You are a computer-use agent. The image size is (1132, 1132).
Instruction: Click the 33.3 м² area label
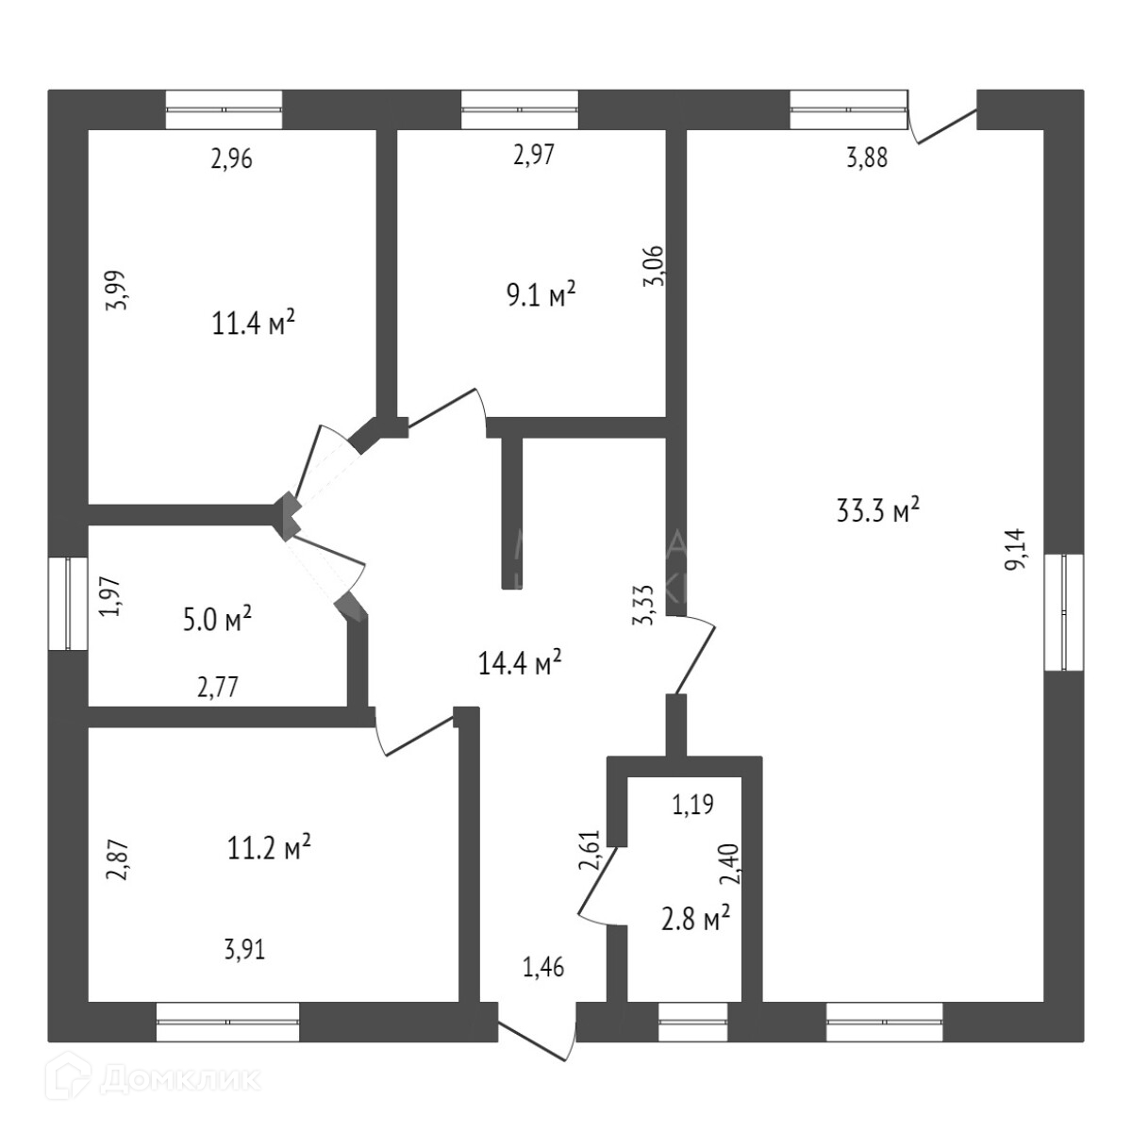click(x=877, y=511)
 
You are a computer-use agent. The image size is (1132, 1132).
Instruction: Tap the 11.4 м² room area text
click(x=254, y=325)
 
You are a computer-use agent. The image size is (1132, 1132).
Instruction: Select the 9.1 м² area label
click(x=541, y=296)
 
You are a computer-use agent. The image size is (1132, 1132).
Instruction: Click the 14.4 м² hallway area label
click(x=521, y=663)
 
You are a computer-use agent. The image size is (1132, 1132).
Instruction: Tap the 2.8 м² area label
click(x=696, y=918)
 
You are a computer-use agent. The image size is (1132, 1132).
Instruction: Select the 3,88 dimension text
click(x=866, y=158)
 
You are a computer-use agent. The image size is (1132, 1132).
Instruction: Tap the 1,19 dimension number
click(x=692, y=805)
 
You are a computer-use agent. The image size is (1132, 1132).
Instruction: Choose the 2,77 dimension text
click(x=217, y=687)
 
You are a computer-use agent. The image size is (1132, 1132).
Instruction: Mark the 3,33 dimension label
click(x=643, y=604)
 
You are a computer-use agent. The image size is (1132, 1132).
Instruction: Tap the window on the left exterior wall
click(x=68, y=604)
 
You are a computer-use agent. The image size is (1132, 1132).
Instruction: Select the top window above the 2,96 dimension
click(x=224, y=109)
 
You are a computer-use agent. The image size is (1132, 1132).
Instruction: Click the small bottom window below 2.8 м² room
click(x=693, y=1022)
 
